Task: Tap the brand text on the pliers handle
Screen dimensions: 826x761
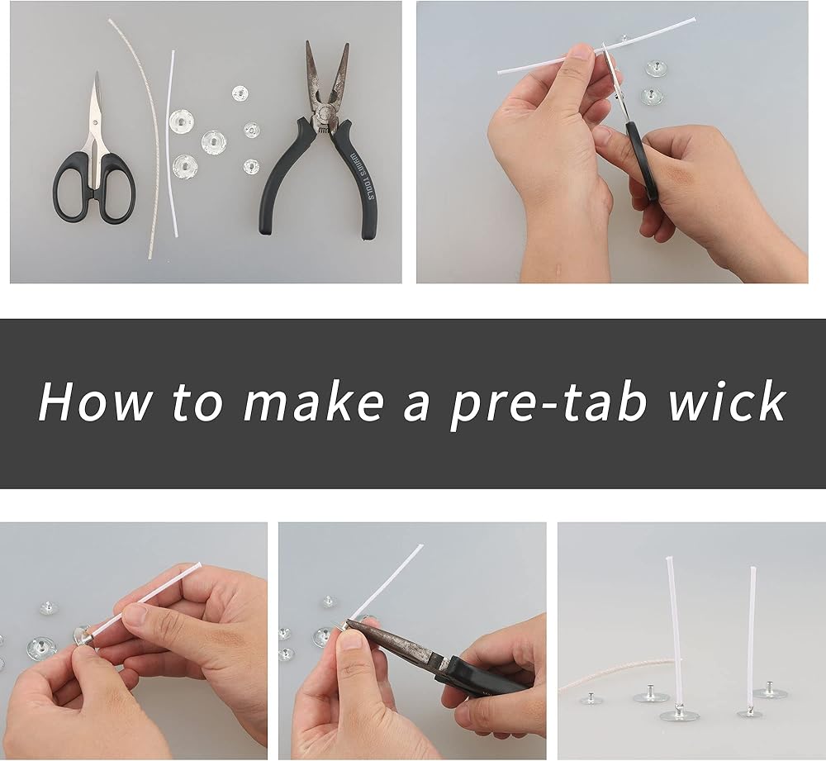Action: point(363,175)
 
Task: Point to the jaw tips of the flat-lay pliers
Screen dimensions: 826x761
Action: point(326,46)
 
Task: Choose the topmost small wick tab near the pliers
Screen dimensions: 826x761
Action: point(240,93)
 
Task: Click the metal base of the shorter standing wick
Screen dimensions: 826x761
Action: point(750,714)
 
